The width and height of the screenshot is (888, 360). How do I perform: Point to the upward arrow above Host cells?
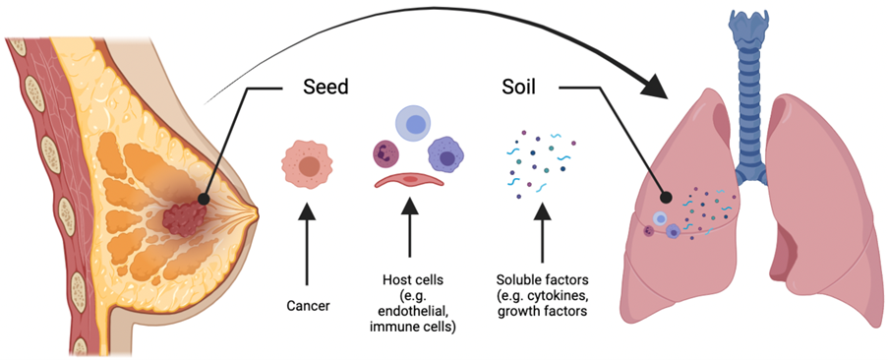point(408,236)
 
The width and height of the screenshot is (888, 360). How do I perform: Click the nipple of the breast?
point(254,210)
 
